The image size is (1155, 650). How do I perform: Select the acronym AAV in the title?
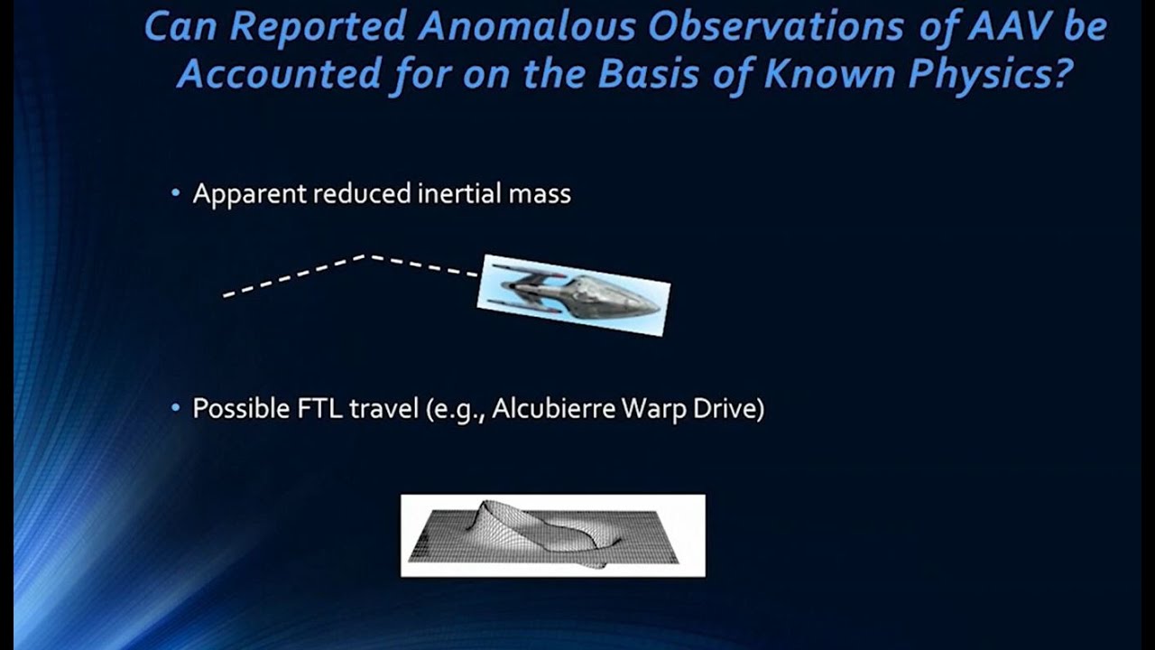(1010, 27)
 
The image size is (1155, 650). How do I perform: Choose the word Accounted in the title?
(279, 74)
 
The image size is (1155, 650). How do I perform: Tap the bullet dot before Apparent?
(176, 194)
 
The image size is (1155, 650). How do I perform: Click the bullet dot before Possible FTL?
(176, 409)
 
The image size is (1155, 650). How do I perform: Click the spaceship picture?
(574, 295)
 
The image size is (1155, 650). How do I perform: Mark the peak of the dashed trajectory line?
(367, 256)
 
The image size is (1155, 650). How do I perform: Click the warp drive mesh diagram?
(552, 535)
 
